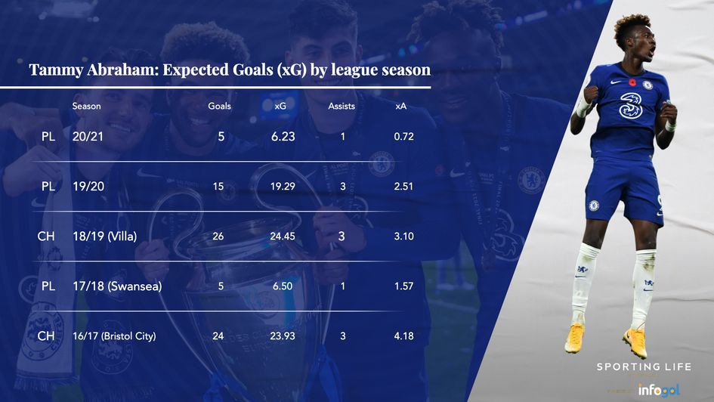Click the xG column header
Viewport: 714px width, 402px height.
280,107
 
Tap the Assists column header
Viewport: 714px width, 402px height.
342,107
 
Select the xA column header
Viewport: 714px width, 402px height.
400,107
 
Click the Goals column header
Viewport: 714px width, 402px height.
219,107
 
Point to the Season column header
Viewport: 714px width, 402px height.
86,107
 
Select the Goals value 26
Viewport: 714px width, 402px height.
218,237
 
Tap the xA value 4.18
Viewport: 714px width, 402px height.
403,336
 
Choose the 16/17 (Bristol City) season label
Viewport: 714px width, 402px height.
114,336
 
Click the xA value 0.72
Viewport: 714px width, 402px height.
403,137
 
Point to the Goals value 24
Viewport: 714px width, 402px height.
218,336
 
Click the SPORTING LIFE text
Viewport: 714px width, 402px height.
644,367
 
